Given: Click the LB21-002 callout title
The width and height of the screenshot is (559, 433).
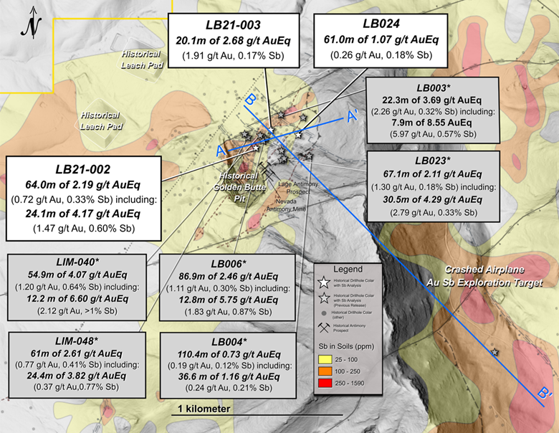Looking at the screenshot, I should tap(81, 169).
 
